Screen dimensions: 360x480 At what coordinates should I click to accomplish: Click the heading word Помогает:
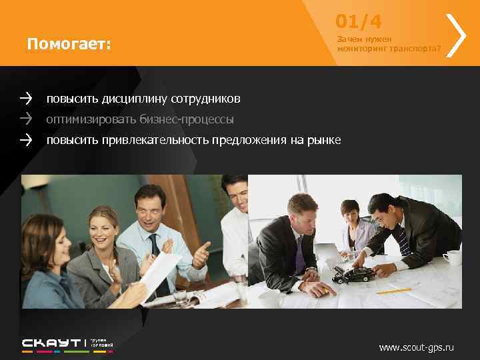point(69,45)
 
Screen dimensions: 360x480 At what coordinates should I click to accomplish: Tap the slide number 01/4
point(359,22)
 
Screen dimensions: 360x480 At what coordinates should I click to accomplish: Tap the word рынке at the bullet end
point(325,141)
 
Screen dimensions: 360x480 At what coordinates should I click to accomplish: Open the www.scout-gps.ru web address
point(416,347)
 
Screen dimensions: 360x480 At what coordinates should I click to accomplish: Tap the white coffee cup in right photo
point(453,257)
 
